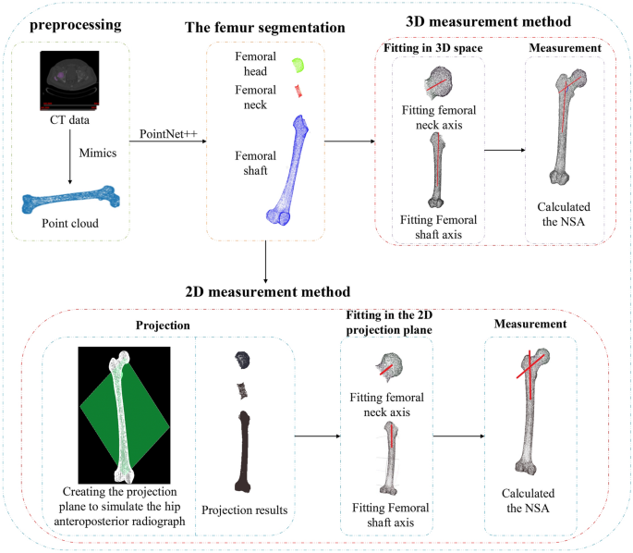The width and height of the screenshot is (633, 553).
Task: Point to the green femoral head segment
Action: point(298,65)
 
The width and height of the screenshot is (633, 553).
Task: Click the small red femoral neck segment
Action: point(298,91)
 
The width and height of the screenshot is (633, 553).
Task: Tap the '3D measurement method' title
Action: point(488,20)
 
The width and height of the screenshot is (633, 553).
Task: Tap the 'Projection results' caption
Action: point(245,510)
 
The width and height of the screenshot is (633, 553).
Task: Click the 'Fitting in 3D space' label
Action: point(432,48)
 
